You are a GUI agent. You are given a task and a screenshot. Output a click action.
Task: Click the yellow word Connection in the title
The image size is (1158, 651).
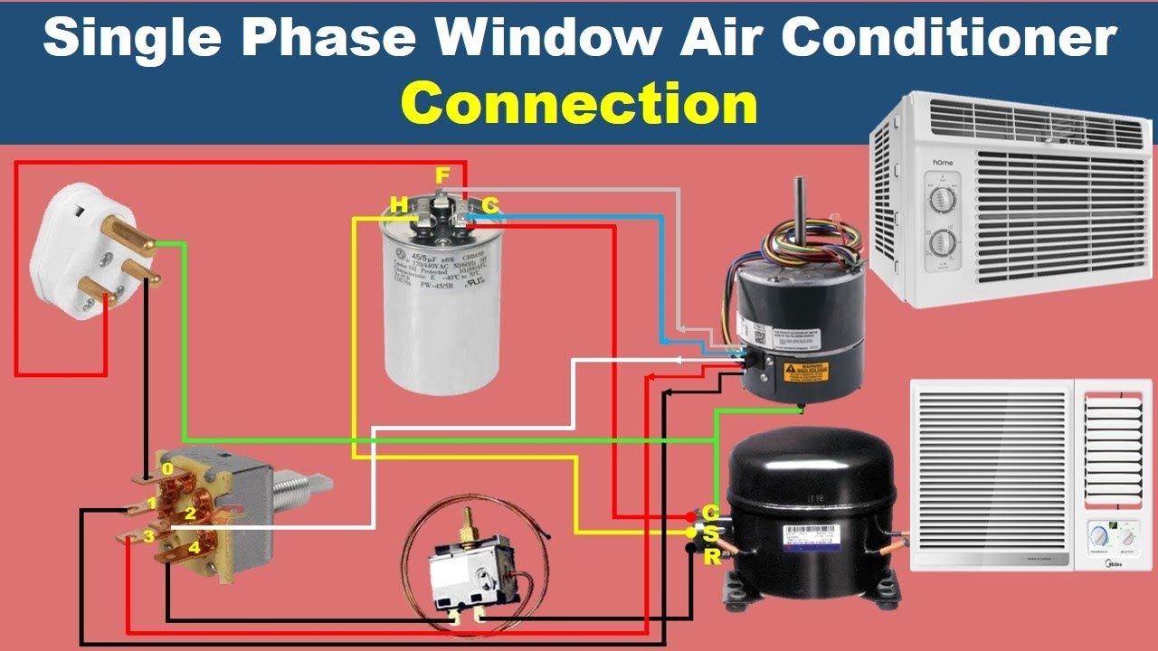coord(579,104)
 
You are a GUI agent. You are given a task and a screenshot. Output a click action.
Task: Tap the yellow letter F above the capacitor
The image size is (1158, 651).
coord(442,175)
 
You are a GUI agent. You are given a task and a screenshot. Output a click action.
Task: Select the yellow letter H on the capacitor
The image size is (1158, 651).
coord(398,206)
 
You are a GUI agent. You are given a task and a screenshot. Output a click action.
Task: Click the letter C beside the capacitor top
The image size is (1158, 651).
coord(490,206)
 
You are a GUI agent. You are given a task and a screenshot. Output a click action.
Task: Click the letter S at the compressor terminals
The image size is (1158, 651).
coord(710,533)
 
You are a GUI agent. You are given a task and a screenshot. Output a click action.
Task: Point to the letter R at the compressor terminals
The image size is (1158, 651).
coord(712,556)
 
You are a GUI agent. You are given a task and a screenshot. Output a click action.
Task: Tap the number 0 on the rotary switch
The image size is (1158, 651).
coord(167,469)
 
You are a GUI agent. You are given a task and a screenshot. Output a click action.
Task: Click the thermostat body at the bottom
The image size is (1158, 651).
coord(466,579)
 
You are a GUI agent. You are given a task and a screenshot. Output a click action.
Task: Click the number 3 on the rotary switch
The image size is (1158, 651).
coord(147,537)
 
